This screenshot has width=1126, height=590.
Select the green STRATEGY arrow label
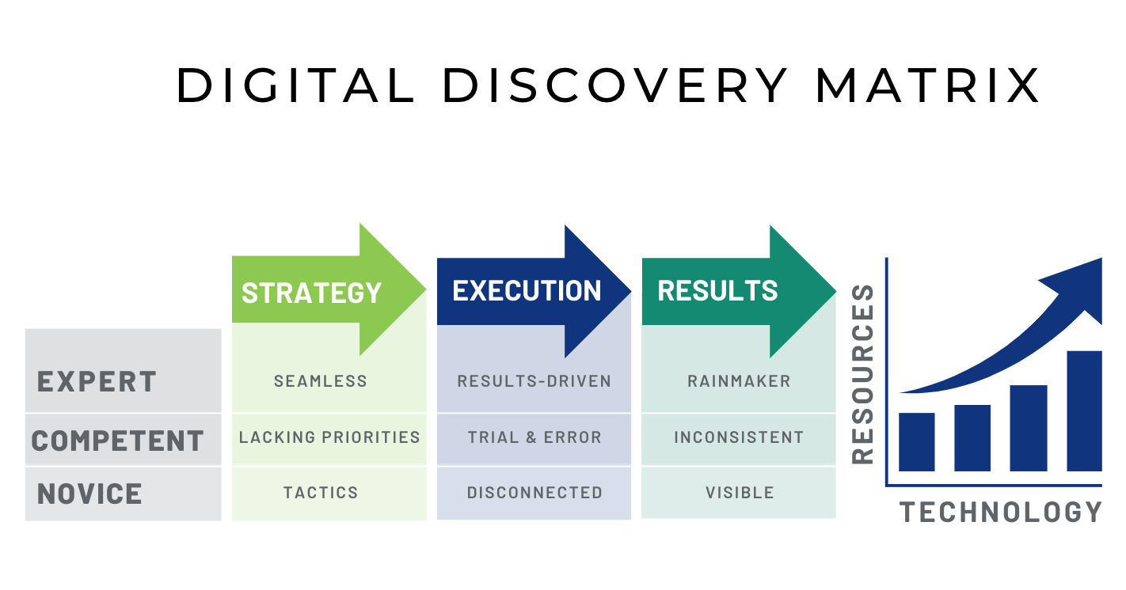(311, 293)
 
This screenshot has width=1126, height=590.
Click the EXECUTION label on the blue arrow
(527, 290)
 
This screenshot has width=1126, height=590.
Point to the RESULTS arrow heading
(717, 290)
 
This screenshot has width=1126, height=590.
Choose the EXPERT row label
(97, 381)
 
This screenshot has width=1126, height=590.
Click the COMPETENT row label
(117, 440)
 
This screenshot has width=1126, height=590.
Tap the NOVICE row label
(89, 494)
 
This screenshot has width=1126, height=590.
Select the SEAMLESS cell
(321, 381)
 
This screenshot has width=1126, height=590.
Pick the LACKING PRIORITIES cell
(329, 437)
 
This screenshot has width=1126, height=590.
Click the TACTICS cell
(321, 493)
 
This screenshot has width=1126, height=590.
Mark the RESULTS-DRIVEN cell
(534, 381)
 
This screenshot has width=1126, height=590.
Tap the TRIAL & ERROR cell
(534, 437)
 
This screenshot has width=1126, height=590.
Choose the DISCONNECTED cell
(534, 493)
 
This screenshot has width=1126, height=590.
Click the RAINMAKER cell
(739, 381)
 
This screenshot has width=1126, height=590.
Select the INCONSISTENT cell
(739, 437)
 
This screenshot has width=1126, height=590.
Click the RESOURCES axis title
(862, 373)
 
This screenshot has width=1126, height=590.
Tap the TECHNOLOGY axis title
(1001, 512)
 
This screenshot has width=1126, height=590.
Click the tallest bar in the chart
(1084, 410)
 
